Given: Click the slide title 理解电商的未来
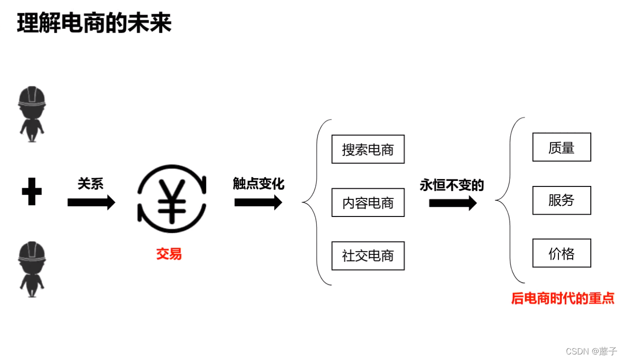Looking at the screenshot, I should pyautogui.click(x=94, y=23).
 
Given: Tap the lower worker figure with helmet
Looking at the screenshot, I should pyautogui.click(x=32, y=269).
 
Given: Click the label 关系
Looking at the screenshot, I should pyautogui.click(x=90, y=184).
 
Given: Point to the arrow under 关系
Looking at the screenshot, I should pyautogui.click(x=91, y=202).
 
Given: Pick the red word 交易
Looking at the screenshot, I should pyautogui.click(x=169, y=254).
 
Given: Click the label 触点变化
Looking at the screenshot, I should pyautogui.click(x=258, y=184).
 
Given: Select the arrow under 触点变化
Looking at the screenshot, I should pyautogui.click(x=258, y=202).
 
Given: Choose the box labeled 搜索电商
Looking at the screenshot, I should pyautogui.click(x=368, y=149).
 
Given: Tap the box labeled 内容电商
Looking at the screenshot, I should pyautogui.click(x=368, y=203).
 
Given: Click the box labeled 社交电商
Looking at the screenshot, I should pyautogui.click(x=368, y=256).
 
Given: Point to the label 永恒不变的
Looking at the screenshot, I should pyautogui.click(x=451, y=185).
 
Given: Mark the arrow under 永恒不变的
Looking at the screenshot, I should pyautogui.click(x=452, y=203).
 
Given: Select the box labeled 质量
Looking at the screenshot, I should pyautogui.click(x=561, y=147).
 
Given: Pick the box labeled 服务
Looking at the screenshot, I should pyautogui.click(x=561, y=200).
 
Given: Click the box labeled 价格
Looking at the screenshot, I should pyautogui.click(x=561, y=253).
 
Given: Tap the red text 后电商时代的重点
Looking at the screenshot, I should pyautogui.click(x=563, y=298).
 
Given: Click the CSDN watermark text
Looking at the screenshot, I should pyautogui.click(x=591, y=351).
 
